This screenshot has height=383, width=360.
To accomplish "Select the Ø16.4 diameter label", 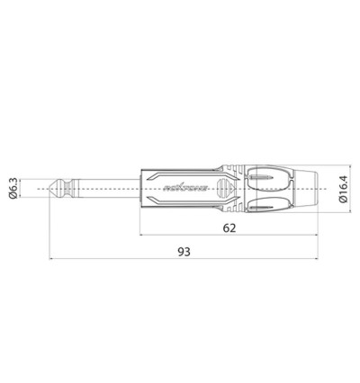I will point(345,189).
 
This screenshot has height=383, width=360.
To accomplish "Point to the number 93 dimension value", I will point(185,254).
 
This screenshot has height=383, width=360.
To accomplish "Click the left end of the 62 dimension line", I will point(140,237).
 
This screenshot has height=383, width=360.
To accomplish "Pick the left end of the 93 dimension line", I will point(49,262).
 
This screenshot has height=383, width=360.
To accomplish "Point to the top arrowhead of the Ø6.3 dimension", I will point(25,180).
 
